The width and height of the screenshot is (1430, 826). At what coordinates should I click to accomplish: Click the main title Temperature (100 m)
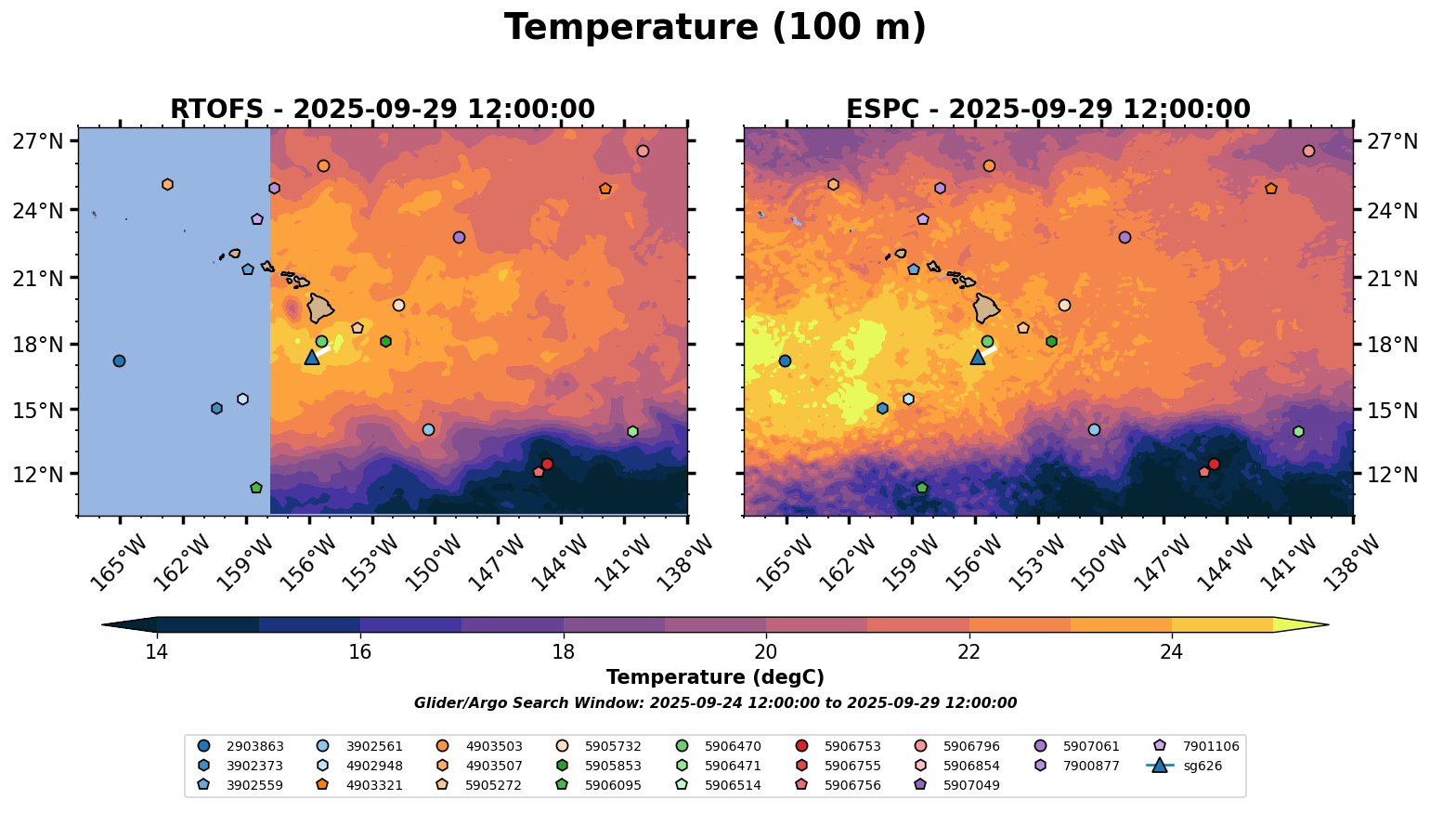click(715, 28)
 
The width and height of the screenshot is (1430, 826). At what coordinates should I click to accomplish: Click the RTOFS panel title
click(382, 110)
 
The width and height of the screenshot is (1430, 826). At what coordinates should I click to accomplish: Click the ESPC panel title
click(1048, 110)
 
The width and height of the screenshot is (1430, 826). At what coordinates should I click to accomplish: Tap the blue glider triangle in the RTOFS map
click(312, 358)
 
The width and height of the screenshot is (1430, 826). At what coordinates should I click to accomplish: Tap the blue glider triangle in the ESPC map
click(978, 358)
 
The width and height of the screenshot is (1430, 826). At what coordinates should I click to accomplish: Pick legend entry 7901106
click(1198, 746)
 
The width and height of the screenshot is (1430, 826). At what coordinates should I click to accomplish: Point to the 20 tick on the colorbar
click(766, 651)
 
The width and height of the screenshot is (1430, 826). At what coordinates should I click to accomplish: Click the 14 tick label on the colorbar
click(157, 651)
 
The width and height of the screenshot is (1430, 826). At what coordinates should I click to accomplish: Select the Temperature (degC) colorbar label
click(715, 677)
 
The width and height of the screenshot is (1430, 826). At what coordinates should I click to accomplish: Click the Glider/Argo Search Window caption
click(715, 703)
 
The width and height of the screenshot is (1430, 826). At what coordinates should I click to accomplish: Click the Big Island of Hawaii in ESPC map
click(987, 308)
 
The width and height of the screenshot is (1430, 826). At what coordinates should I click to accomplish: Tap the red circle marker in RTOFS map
click(547, 465)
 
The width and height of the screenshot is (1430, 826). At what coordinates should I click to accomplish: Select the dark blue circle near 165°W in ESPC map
click(785, 361)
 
